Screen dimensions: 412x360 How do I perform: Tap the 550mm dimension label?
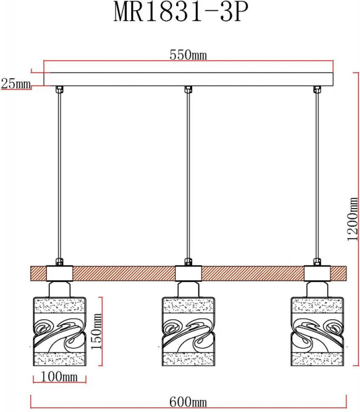coord(188,55)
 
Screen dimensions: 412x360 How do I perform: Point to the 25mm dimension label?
coord(15,83)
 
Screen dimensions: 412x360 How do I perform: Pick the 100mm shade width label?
coord(59,377)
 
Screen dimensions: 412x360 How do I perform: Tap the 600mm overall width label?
coord(188,402)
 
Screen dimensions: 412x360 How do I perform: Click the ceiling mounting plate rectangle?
coord(188,79)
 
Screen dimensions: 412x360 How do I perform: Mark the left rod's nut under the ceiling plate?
coord(59,90)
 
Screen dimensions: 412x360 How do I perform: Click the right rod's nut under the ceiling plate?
coord(316,90)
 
